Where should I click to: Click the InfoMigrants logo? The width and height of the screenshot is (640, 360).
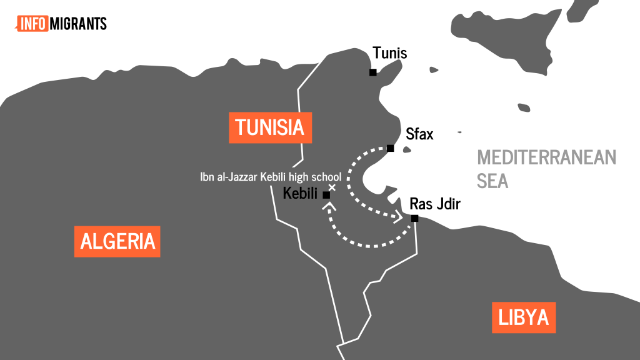61,24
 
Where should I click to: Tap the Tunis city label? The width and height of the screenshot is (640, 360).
389,53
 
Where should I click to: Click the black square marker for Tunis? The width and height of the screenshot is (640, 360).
372,72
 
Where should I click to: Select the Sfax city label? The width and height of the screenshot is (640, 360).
419,134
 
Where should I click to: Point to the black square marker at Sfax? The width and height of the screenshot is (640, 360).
390,148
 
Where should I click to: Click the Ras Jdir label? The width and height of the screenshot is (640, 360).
434,204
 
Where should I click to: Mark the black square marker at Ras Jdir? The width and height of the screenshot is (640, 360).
414,218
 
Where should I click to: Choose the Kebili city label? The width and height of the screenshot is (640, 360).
301,194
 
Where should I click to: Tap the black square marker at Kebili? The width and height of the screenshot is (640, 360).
326,195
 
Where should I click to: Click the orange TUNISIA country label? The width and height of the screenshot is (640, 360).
270,128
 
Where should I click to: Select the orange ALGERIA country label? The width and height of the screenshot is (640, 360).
117,241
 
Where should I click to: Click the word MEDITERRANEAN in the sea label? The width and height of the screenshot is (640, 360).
546,157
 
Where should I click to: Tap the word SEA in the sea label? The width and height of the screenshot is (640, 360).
492,181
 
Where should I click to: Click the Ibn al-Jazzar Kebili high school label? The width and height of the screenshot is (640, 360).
271,177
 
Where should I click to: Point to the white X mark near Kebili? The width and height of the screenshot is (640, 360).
332,187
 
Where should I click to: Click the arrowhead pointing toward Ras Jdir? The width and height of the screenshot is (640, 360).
397,217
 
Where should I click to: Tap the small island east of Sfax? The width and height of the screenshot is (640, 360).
407,149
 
